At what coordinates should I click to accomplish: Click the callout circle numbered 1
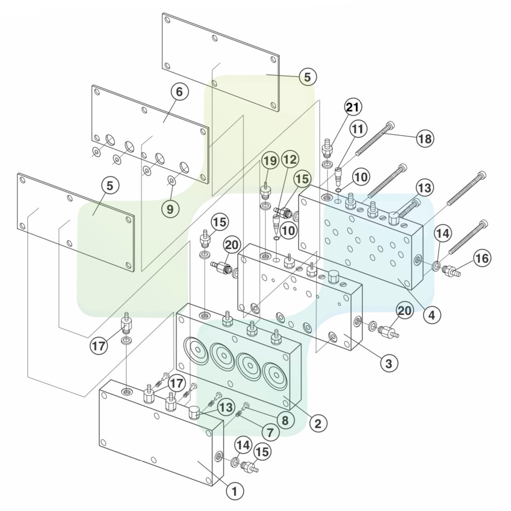(235, 491)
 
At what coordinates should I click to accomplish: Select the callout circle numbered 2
(318, 423)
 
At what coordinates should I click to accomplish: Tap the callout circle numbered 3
(389, 362)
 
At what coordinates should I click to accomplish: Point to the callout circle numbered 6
(179, 92)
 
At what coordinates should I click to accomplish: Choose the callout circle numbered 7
(270, 433)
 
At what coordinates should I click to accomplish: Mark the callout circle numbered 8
(285, 420)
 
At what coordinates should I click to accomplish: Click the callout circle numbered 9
(170, 209)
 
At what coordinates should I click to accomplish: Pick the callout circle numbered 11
(358, 129)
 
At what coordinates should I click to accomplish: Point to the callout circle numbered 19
(270, 160)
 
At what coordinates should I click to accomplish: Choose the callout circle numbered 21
(352, 107)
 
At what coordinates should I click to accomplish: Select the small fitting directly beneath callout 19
(265, 190)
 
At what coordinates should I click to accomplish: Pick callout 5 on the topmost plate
(308, 77)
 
